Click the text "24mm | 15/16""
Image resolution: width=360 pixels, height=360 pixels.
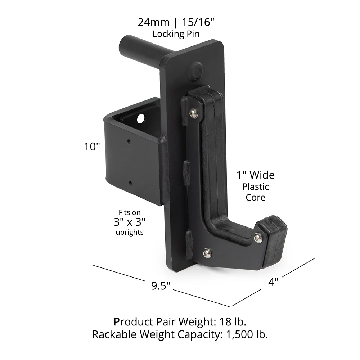(176, 22)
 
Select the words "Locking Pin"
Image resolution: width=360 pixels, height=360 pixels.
(176, 34)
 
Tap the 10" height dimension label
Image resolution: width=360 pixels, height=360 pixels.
(92, 147)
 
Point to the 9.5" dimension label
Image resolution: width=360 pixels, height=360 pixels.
(160, 286)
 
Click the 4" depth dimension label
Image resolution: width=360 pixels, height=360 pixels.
(273, 282)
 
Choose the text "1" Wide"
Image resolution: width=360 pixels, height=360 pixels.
(255, 175)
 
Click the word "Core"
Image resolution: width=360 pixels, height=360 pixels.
(255, 197)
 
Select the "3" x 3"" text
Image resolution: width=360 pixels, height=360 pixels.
(129, 222)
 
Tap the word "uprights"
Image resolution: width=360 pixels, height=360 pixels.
(129, 232)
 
